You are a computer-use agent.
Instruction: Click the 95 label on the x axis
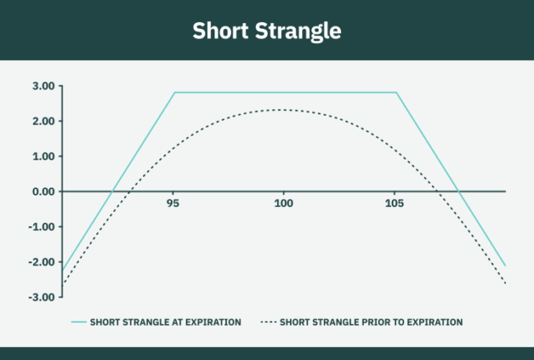click(173, 202)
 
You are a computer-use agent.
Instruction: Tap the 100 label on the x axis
click(283, 202)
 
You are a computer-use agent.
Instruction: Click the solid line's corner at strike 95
click(175, 93)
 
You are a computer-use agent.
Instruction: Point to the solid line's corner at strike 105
click(397, 93)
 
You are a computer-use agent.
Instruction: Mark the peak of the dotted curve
click(283, 110)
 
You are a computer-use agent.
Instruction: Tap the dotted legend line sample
click(268, 322)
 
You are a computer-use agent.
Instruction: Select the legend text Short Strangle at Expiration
click(165, 322)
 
